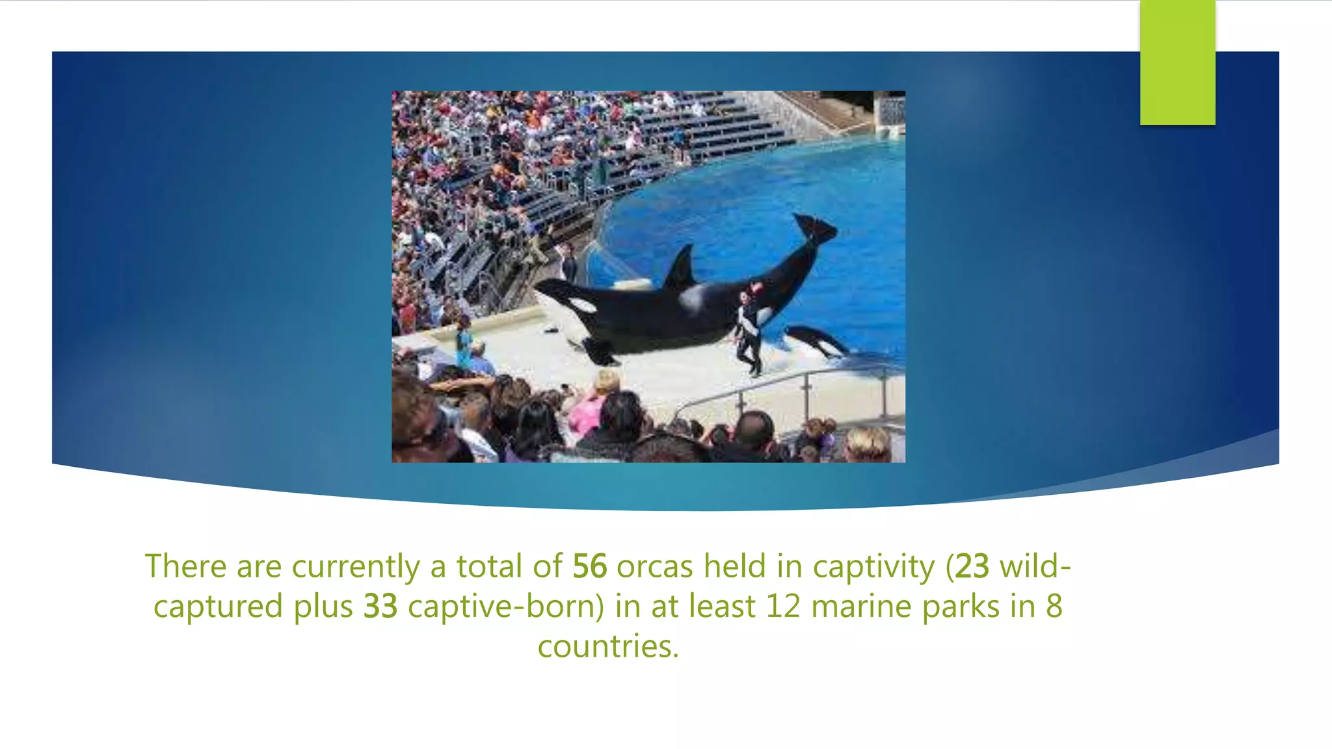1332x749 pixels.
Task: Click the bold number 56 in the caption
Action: pos(589,566)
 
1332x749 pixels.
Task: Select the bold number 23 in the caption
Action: pos(972,566)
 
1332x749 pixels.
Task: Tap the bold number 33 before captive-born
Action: pos(380,607)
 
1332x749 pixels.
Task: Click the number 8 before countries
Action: pos(1054,607)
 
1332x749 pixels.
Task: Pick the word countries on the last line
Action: pos(608,647)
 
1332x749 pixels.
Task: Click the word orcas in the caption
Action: pos(655,566)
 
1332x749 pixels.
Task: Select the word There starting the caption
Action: pos(185,566)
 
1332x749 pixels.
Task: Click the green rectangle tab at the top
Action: pos(1177,62)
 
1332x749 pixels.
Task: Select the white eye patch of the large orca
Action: pos(581,305)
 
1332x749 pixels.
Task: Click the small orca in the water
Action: pos(816,341)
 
